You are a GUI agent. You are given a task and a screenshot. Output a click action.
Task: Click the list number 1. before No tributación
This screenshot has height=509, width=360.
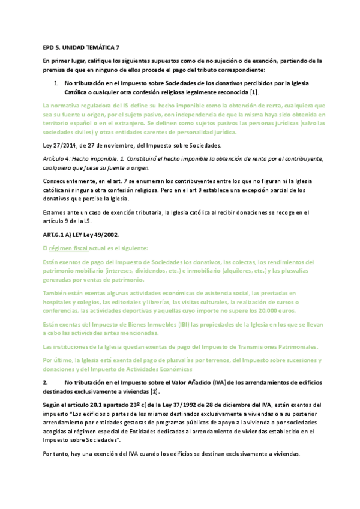(x=56, y=82)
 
